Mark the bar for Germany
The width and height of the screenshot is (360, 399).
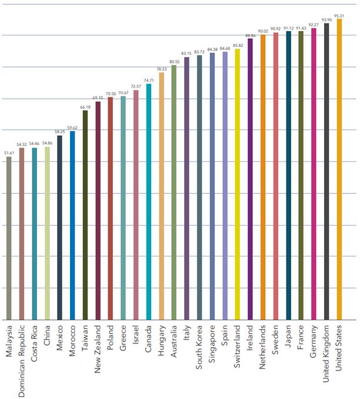(314, 174)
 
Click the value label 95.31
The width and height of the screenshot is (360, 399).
(338, 15)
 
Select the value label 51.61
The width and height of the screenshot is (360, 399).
(9, 153)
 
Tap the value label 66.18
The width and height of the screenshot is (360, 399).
(85, 107)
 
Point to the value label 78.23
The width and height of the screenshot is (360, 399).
(161, 69)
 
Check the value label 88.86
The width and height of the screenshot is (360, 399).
(250, 36)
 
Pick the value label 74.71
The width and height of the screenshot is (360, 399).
(148, 80)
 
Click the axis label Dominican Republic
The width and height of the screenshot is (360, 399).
(21, 359)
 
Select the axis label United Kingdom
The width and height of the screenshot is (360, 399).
(326, 358)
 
